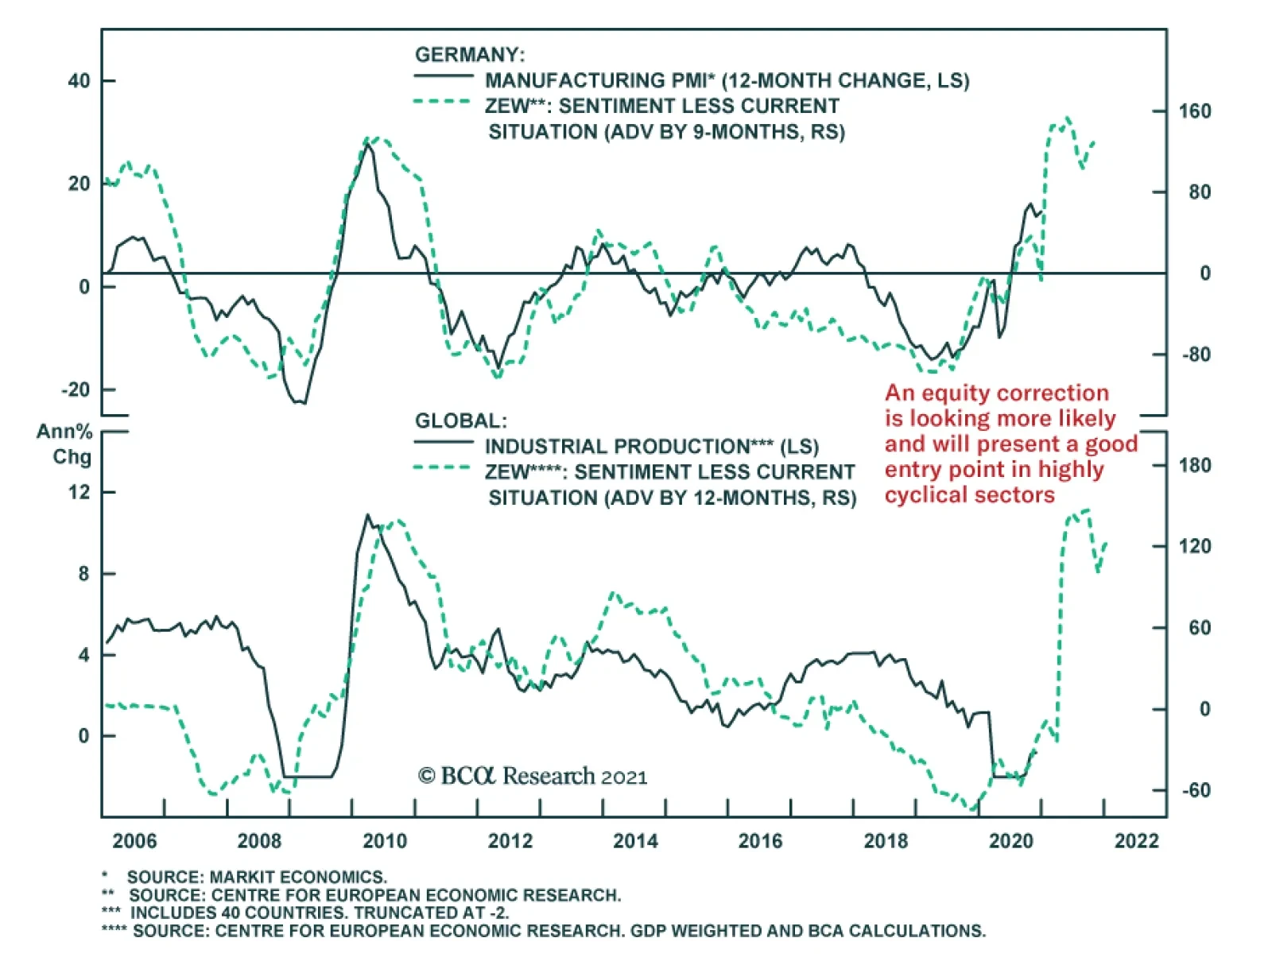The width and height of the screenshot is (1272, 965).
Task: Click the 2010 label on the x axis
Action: pos(385,841)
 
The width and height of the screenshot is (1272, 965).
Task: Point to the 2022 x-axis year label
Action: pos(1137,841)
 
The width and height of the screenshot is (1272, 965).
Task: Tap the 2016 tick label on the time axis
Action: pos(761,841)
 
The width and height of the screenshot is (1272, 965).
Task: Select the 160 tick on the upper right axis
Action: pos(1195,111)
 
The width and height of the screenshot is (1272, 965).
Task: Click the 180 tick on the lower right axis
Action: pos(1195,465)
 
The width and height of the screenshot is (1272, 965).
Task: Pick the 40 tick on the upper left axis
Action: pos(79,81)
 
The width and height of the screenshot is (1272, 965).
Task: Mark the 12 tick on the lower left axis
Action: pos(79,492)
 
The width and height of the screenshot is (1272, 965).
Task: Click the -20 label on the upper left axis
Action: pos(76,389)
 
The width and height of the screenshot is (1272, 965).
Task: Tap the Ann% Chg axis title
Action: pos(65,444)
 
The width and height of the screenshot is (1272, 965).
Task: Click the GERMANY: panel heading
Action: pos(470,55)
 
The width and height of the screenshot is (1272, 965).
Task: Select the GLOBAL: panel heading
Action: pos(460,421)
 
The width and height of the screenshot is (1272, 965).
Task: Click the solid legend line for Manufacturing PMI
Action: pos(443,77)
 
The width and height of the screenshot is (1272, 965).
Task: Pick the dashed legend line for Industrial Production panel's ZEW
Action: pos(443,468)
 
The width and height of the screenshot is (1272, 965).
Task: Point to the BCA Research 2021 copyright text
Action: pos(533,776)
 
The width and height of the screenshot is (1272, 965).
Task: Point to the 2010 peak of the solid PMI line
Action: pos(366,146)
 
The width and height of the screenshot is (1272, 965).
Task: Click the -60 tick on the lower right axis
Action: pos(1195,790)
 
